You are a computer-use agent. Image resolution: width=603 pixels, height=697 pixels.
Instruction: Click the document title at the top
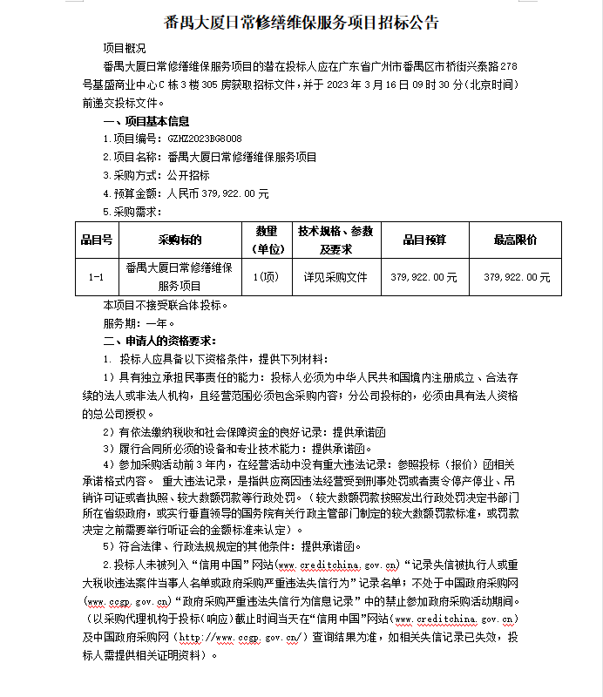click(x=301, y=23)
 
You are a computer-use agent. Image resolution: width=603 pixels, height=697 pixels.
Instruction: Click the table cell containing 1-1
click(x=97, y=277)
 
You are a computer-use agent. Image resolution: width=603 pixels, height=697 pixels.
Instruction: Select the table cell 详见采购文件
click(x=335, y=277)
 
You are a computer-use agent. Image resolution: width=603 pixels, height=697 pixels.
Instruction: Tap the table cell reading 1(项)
click(x=265, y=277)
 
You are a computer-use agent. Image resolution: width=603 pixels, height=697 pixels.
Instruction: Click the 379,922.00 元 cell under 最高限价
click(x=516, y=277)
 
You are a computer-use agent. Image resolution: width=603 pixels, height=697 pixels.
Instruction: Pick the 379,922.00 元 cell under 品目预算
click(x=424, y=277)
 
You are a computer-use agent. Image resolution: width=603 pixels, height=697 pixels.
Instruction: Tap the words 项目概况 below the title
click(x=125, y=48)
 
